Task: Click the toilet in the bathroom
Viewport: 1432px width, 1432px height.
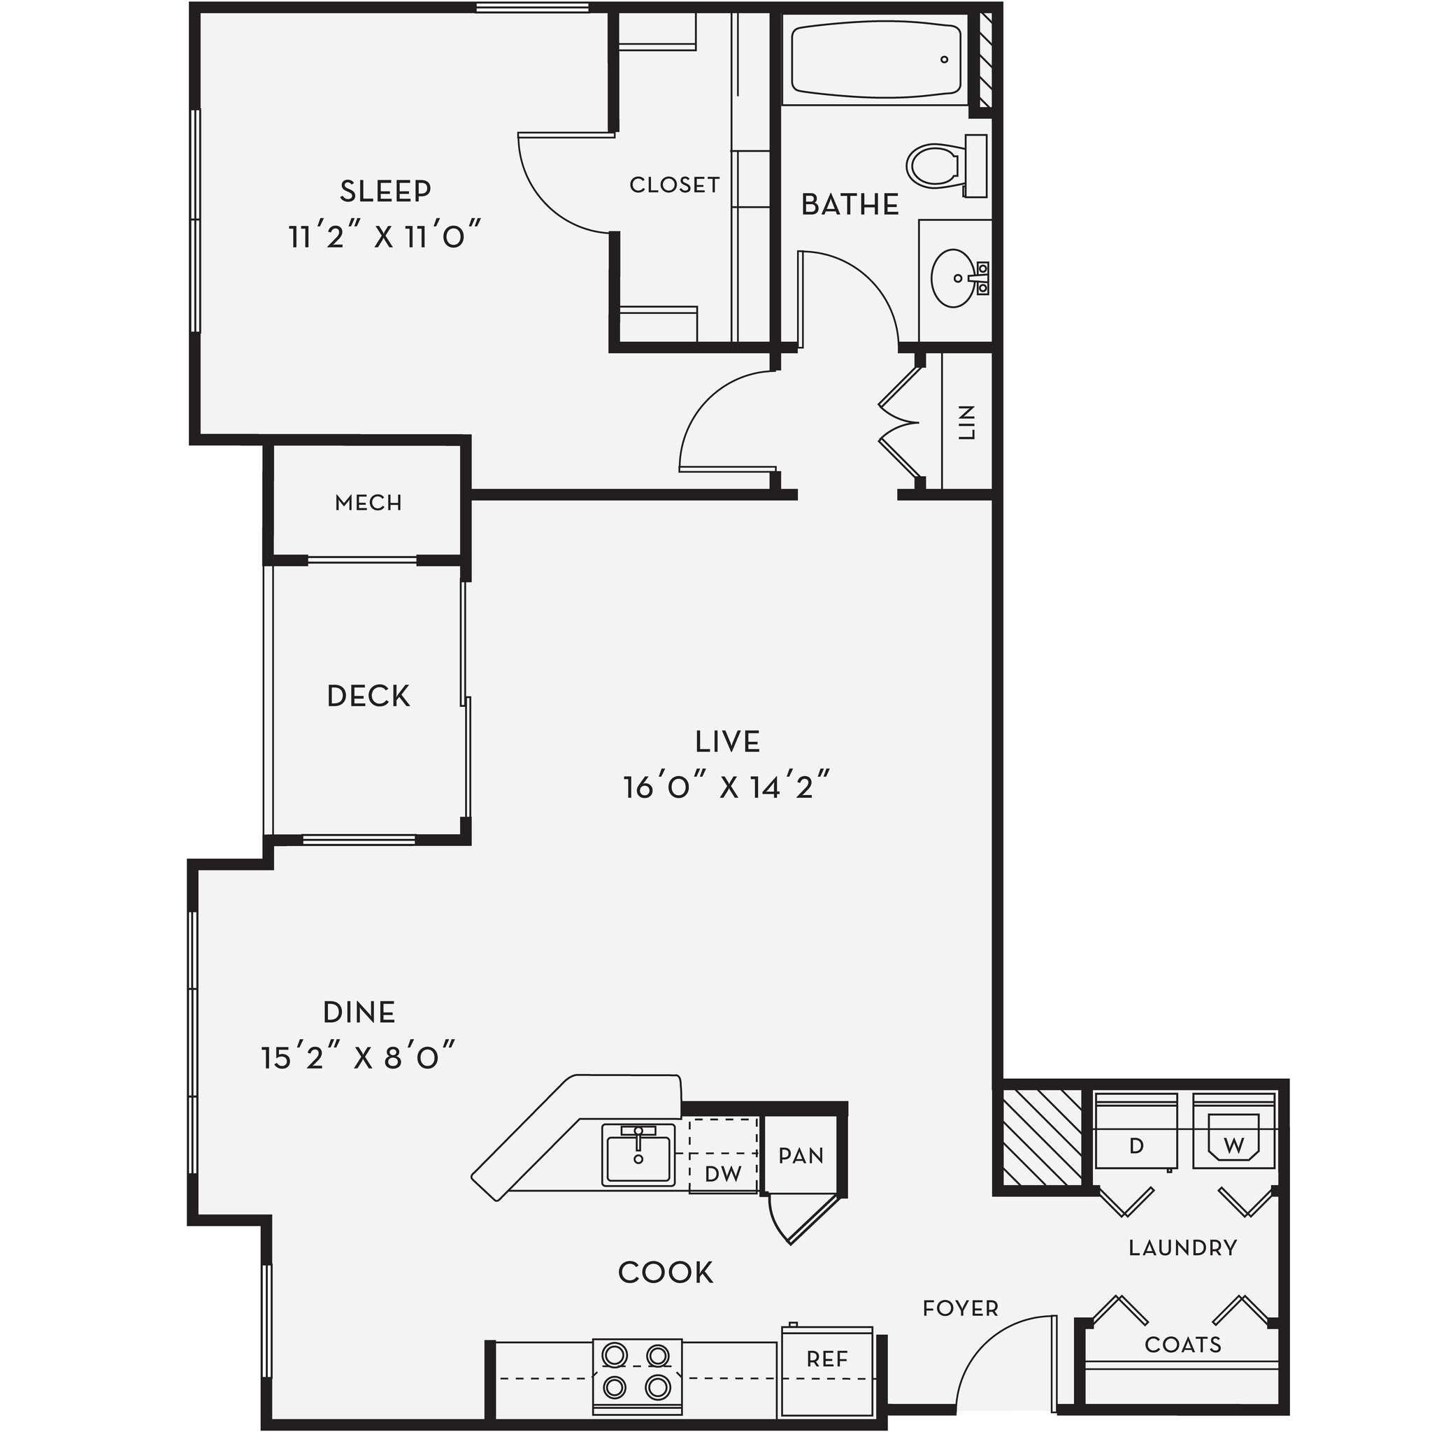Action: pyautogui.click(x=938, y=165)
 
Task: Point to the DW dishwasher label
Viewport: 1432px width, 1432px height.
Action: pyautogui.click(x=723, y=1173)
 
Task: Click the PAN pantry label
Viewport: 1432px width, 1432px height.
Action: pyautogui.click(x=801, y=1156)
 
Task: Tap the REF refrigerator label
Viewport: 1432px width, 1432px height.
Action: pyautogui.click(x=826, y=1359)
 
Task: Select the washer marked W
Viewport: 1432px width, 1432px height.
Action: pyautogui.click(x=1233, y=1145)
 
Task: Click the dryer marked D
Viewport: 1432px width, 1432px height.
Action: pyautogui.click(x=1136, y=1145)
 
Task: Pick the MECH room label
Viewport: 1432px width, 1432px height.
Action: pyautogui.click(x=368, y=503)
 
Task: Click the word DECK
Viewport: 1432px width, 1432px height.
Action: pyautogui.click(x=368, y=696)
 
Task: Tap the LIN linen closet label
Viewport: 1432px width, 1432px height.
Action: pyautogui.click(x=966, y=422)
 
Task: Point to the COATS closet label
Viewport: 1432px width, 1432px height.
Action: pyautogui.click(x=1182, y=1345)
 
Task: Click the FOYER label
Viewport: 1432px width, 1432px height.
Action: pyautogui.click(x=960, y=1308)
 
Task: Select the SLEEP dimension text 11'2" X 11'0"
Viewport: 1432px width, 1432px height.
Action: pyautogui.click(x=385, y=237)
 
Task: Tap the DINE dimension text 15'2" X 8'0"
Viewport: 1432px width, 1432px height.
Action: pyautogui.click(x=358, y=1058)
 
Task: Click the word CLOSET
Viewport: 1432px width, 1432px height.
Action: pyautogui.click(x=675, y=185)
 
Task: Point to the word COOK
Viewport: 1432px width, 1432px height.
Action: pyautogui.click(x=666, y=1272)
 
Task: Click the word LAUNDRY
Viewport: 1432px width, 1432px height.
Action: pyautogui.click(x=1183, y=1247)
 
